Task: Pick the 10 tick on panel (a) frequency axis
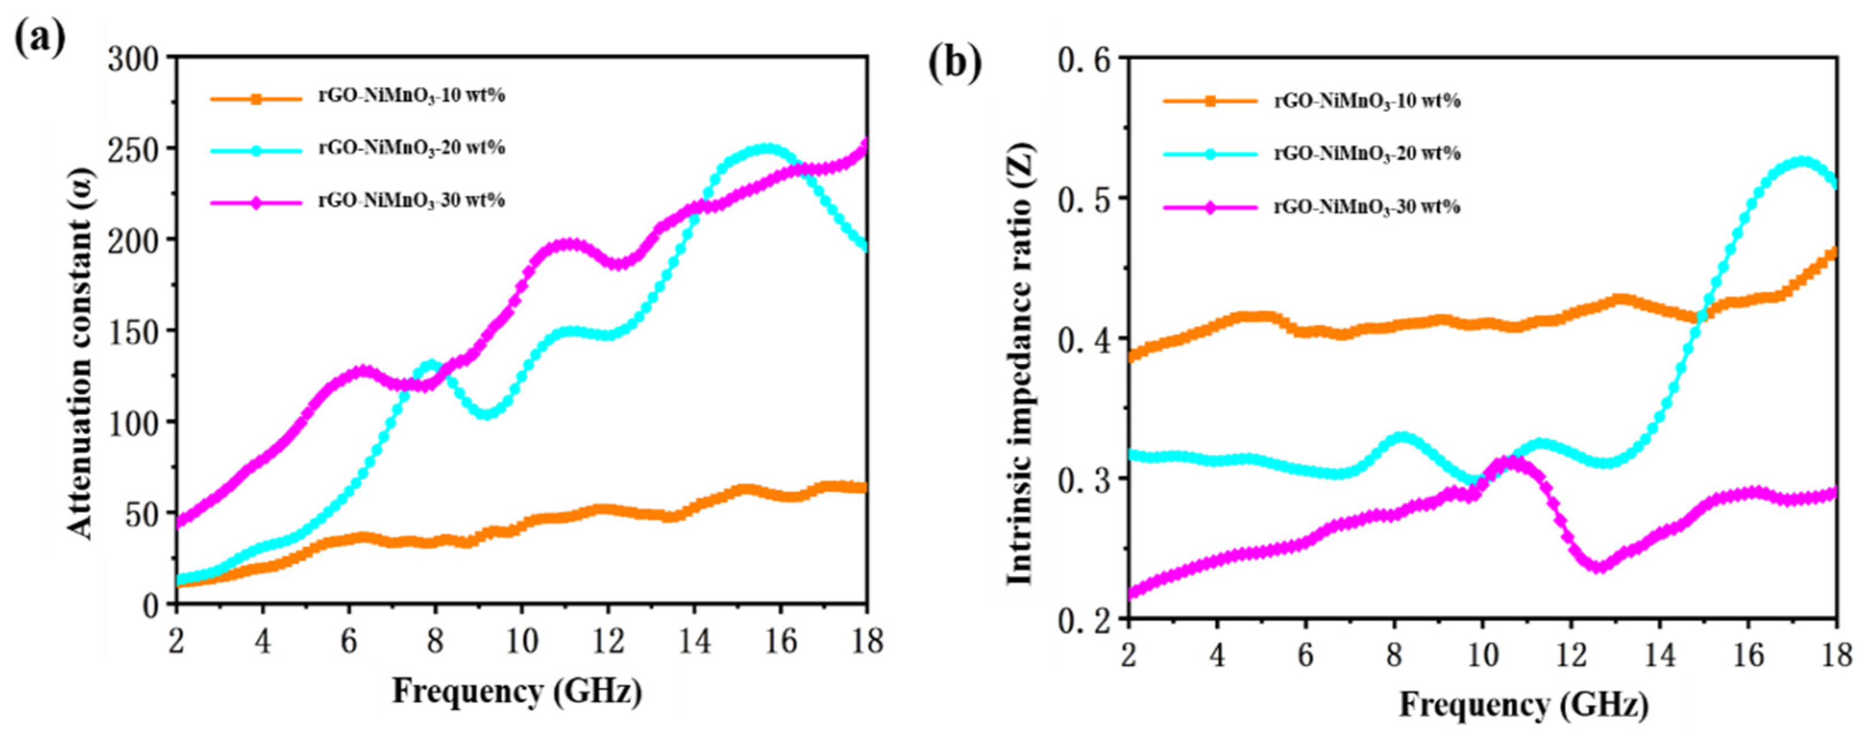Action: click(x=521, y=640)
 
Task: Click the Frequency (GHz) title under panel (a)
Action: click(x=517, y=692)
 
